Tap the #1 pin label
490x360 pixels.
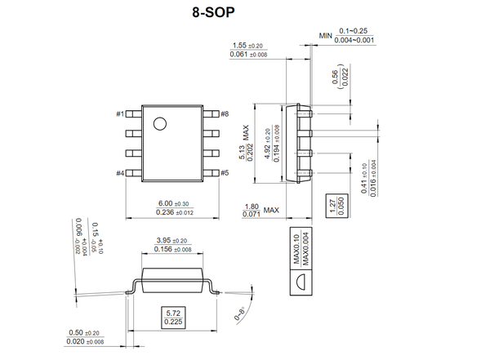[x=119, y=113]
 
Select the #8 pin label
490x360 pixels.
[x=225, y=113]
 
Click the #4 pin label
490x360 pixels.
[x=119, y=173]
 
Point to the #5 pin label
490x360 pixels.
[x=225, y=173]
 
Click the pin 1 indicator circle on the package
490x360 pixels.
[x=160, y=124]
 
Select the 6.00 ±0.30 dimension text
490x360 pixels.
[x=172, y=203]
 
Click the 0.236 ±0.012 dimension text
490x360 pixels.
[x=172, y=213]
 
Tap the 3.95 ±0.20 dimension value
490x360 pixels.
[x=171, y=241]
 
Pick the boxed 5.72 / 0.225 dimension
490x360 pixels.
[x=173, y=317]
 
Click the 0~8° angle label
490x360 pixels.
[x=240, y=313]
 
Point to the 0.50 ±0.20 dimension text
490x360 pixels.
[x=84, y=333]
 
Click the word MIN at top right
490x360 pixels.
[x=327, y=35]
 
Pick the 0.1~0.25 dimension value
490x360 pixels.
[x=356, y=30]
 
